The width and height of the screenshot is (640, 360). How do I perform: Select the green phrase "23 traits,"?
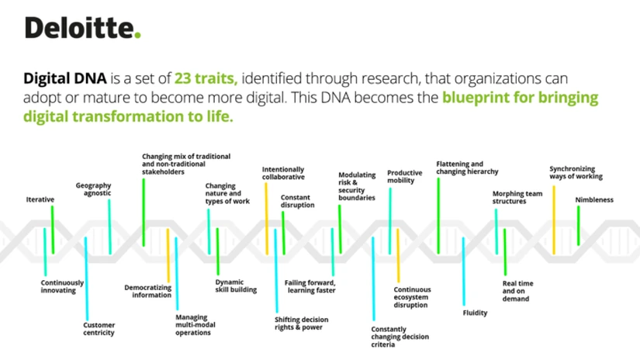coord(205,79)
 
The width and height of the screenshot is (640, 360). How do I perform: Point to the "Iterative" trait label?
coord(40,199)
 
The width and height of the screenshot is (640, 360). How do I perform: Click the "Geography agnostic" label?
coord(93,189)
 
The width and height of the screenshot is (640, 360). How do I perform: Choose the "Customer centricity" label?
coord(99,328)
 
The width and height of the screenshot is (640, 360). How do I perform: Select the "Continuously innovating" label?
coord(62,286)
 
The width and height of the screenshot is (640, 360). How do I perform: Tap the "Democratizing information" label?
coord(147,291)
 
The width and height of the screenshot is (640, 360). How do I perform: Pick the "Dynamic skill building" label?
coord(235,286)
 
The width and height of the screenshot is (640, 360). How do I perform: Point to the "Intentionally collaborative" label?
coord(283,173)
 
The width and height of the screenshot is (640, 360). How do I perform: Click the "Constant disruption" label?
coord(297,201)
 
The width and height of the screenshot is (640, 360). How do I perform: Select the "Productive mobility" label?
coord(404,176)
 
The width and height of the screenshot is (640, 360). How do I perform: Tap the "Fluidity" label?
coord(475,312)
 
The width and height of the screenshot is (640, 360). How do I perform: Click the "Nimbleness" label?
coord(594,199)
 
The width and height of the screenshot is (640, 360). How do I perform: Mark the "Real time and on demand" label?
coord(518,291)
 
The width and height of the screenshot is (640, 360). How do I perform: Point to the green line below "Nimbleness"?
coord(579,226)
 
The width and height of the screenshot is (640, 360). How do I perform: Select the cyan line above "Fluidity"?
coord(463,271)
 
